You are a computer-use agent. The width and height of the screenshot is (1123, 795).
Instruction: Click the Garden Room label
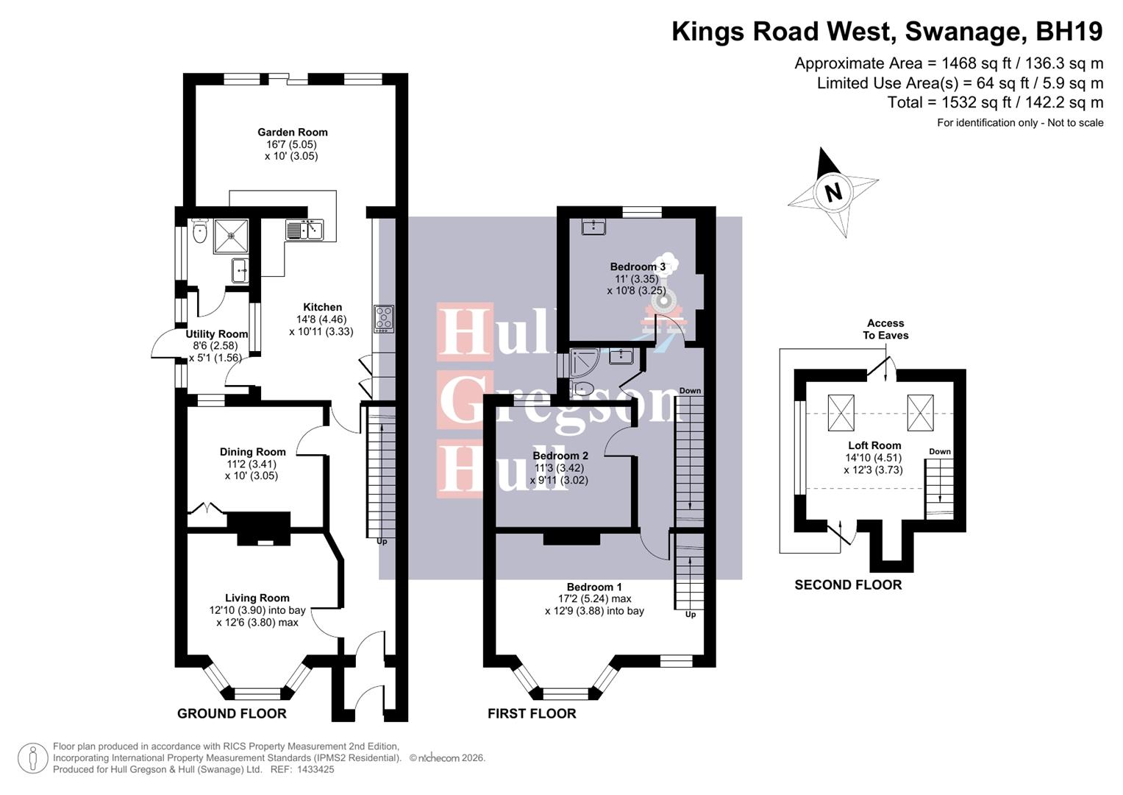(x=292, y=132)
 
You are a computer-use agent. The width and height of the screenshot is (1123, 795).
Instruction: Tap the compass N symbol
(x=833, y=193)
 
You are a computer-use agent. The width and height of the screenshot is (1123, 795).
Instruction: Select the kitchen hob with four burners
(x=384, y=319)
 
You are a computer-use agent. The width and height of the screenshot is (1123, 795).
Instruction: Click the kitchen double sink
(x=304, y=230)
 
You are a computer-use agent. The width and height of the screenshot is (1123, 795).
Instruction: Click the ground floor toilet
(x=199, y=233)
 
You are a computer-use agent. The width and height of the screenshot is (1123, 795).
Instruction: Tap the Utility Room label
(x=216, y=334)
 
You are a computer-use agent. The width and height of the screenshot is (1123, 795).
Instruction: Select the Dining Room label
(x=252, y=452)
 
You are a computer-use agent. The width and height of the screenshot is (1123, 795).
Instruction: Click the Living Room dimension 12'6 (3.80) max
(x=257, y=623)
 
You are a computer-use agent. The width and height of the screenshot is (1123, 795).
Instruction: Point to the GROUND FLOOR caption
(x=232, y=713)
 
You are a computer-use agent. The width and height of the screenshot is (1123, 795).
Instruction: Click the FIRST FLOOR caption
(x=532, y=713)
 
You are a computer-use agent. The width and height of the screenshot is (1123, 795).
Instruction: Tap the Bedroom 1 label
(x=594, y=587)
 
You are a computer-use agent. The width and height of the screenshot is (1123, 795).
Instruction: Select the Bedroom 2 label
(x=560, y=456)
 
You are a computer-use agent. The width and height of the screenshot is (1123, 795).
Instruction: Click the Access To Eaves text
(x=885, y=329)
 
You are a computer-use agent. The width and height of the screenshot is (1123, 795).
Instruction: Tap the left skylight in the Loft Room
(x=841, y=412)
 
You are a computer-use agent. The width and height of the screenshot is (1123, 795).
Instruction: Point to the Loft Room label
(x=874, y=445)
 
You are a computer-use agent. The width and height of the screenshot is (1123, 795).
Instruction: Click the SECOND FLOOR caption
(x=848, y=585)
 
